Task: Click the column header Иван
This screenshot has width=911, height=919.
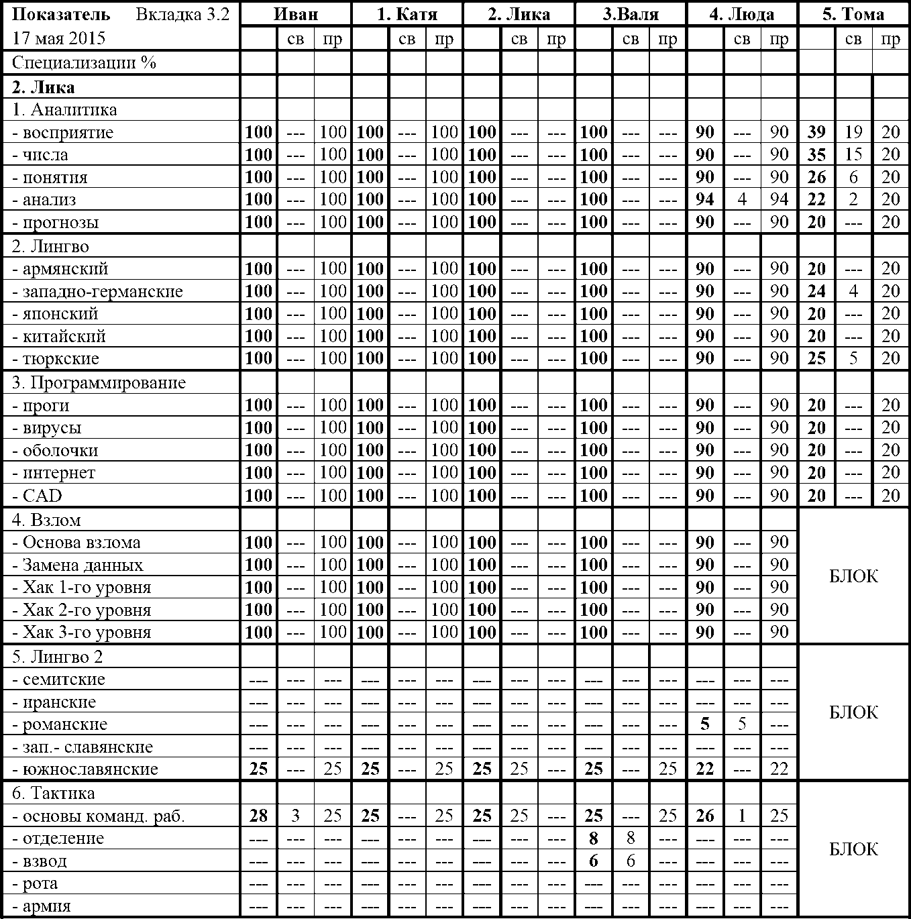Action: [x=296, y=14]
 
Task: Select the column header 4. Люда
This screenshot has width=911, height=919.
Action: [x=742, y=14]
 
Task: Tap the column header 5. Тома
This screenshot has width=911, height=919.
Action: [x=853, y=14]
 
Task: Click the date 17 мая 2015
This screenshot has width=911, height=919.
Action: [x=59, y=38]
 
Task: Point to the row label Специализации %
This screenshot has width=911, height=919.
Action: [x=84, y=63]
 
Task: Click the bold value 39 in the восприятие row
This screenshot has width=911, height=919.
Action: [x=816, y=132]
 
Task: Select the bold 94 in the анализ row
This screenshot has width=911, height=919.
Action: [x=705, y=199]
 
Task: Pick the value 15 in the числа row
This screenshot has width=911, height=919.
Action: [x=853, y=155]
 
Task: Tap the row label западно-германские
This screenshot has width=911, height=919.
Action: [x=97, y=291]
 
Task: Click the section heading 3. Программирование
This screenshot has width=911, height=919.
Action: [x=99, y=382]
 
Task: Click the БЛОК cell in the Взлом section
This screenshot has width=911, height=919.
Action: [x=853, y=576]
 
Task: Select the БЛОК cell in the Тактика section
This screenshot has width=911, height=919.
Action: [x=853, y=849]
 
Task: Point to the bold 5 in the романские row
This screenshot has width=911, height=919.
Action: [x=705, y=724]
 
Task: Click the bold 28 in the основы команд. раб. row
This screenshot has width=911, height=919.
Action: [x=259, y=816]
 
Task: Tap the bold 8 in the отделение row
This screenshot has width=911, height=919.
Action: [x=594, y=838]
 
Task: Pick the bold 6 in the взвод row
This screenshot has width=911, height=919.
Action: [x=594, y=861]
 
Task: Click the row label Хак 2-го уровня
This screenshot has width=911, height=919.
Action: [x=82, y=610]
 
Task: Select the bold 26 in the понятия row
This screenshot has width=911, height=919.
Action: [x=816, y=177]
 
